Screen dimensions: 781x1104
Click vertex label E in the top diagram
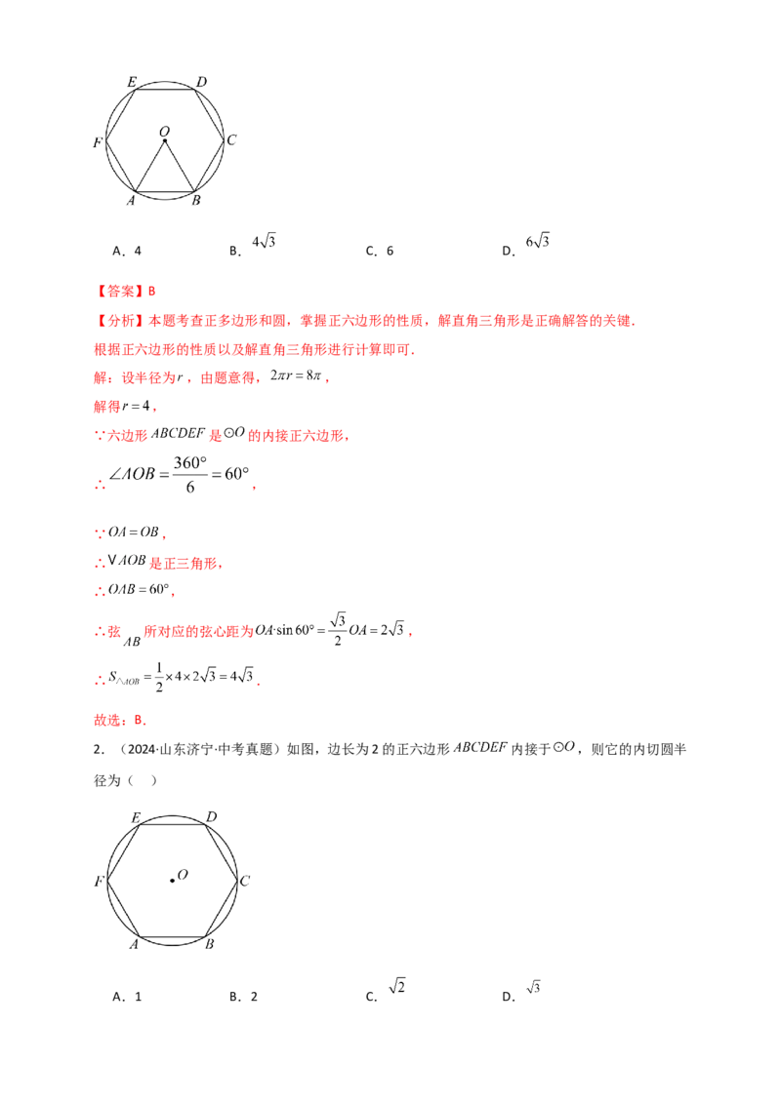tap(132, 82)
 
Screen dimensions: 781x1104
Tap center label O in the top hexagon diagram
tap(165, 131)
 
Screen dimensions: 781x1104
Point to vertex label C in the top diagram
tap(232, 140)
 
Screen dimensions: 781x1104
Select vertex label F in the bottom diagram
tap(100, 881)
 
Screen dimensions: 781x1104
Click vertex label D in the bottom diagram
tap(212, 816)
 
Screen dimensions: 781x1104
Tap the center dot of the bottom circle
tap(172, 880)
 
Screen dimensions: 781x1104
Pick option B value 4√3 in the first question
tap(264, 242)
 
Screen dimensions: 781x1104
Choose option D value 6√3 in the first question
tap(537, 242)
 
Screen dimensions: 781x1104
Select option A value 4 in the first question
tap(138, 251)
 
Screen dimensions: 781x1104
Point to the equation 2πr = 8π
tap(296, 376)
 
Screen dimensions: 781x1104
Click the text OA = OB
tap(133, 532)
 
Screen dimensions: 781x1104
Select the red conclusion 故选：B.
tap(120, 720)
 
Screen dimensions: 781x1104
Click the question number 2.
tap(99, 749)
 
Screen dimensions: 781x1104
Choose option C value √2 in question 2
tap(396, 986)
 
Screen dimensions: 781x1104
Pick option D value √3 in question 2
tap(533, 987)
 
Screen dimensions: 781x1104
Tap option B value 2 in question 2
tap(254, 997)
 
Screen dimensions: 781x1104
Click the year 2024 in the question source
tap(142, 749)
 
